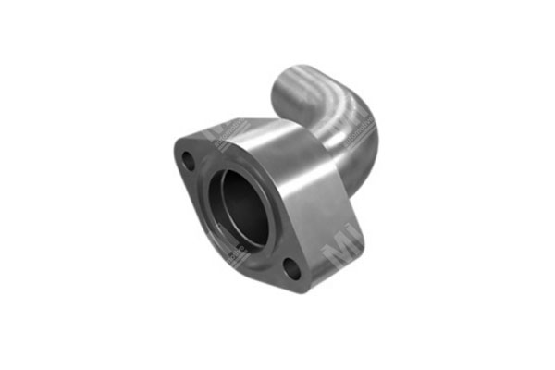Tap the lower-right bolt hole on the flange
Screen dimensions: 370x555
tap(290, 268)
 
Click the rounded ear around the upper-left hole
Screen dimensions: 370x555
tap(179, 153)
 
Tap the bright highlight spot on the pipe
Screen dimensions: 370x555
tap(310, 88)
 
